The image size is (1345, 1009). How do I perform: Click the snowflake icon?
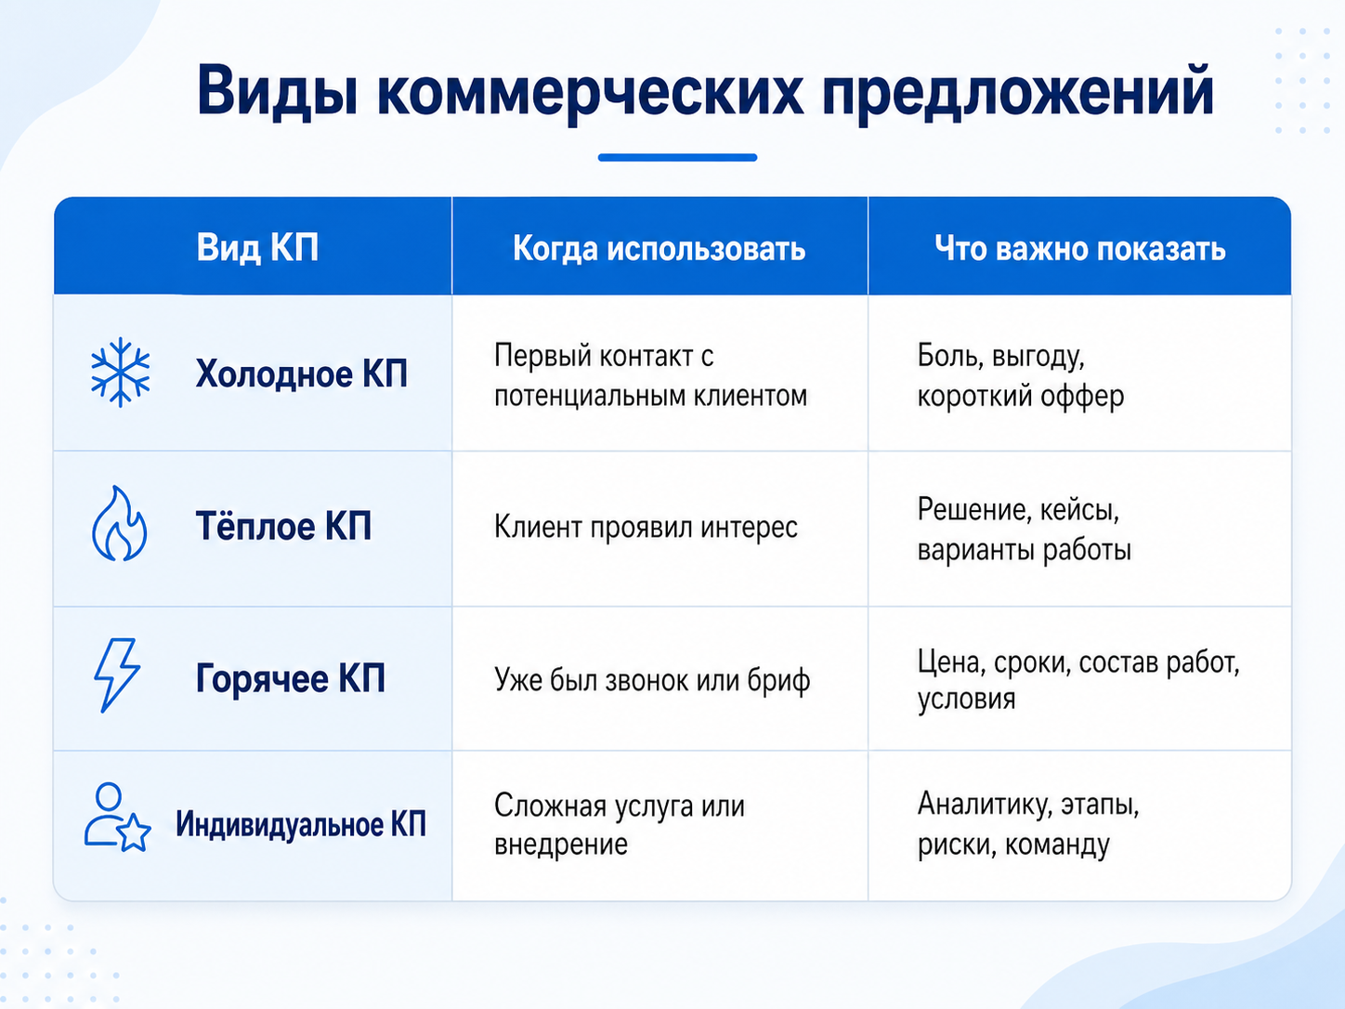120,373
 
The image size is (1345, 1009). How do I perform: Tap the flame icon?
120,524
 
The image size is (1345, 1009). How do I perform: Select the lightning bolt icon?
117,675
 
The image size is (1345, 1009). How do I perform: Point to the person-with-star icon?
117,818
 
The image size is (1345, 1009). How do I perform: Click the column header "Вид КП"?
257,248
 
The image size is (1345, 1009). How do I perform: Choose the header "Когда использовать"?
659,249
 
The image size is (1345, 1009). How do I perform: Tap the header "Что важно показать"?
1079,249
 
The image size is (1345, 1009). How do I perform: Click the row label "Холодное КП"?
302,373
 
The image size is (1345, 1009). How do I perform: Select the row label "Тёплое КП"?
283,526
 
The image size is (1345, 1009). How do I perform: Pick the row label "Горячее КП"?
291,679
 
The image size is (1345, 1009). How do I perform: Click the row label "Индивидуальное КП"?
301,824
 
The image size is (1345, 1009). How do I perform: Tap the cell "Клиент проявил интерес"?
646,528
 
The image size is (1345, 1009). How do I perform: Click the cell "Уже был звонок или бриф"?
652,681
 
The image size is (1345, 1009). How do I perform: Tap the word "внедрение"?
561,845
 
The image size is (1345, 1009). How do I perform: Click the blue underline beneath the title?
677,157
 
